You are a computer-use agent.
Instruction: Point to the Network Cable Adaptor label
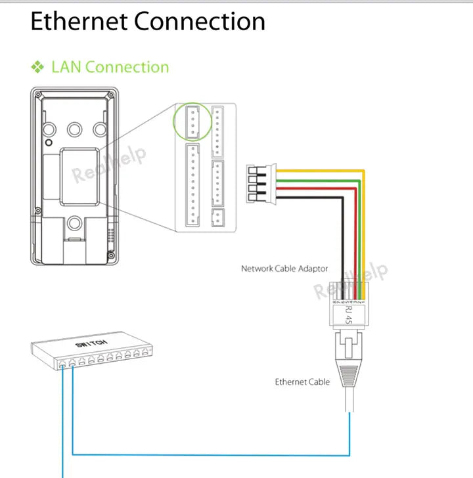(x=284, y=269)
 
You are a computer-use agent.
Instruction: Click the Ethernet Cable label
(x=302, y=381)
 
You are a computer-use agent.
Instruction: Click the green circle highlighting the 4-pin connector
(x=192, y=122)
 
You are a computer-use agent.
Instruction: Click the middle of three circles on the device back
(x=74, y=127)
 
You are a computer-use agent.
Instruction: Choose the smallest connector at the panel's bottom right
(x=217, y=218)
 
